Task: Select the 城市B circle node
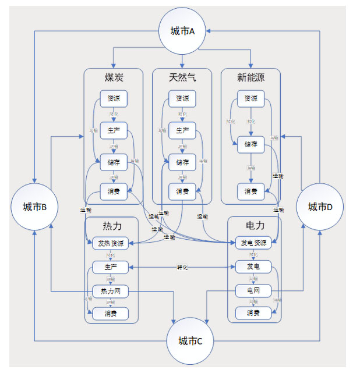coord(35,207)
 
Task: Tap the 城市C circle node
coord(190,341)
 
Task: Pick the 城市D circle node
coord(320,207)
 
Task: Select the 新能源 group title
coord(250,78)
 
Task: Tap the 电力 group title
coord(255,225)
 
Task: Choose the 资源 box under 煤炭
coord(114,98)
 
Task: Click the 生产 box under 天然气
coord(182,130)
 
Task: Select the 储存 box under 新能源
coord(251,142)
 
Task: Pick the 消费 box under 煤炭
coord(114,191)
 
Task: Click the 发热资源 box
coord(111,243)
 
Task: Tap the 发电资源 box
coord(253,243)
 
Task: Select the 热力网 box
coord(111,290)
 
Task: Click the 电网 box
coord(253,290)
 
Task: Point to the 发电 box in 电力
coord(253,267)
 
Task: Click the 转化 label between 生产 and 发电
coord(182,268)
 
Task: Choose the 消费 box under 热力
coord(111,313)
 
